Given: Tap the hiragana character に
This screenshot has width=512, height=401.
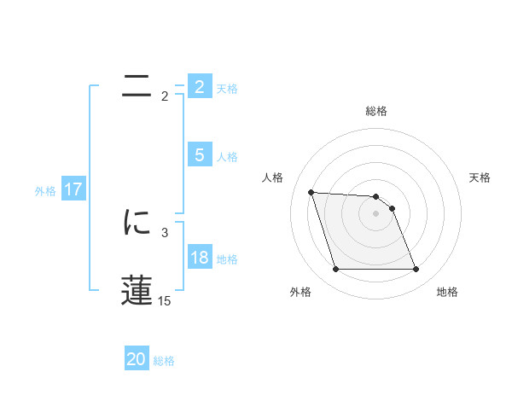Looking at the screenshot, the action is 137,224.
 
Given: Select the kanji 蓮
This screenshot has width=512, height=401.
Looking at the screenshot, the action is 137,291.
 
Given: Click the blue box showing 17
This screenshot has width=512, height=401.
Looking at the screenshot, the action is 73,189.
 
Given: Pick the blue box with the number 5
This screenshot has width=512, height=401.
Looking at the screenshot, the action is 200,155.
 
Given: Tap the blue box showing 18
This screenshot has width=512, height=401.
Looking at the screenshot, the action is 200,258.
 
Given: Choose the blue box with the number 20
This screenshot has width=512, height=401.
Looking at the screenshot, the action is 137,359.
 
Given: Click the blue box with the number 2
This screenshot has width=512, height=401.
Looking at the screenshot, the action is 200,87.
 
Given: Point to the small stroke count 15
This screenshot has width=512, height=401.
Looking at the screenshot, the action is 164,300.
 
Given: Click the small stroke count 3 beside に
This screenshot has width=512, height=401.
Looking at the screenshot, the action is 164,232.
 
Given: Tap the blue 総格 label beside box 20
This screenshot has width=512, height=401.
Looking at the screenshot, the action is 164,361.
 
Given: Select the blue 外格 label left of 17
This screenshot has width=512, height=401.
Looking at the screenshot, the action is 45,191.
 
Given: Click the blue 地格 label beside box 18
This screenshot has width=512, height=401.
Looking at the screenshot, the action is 227,259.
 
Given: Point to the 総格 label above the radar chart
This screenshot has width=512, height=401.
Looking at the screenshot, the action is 375,111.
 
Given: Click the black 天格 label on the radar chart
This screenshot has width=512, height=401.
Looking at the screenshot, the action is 480,177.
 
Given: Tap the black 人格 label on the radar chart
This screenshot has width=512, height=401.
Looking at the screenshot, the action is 273,177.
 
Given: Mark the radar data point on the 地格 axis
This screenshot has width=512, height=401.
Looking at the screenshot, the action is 416,270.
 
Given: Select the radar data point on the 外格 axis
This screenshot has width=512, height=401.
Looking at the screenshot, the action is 335,270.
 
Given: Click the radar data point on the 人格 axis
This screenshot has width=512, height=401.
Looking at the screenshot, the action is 311,193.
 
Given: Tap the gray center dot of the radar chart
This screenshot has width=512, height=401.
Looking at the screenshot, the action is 375,213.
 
